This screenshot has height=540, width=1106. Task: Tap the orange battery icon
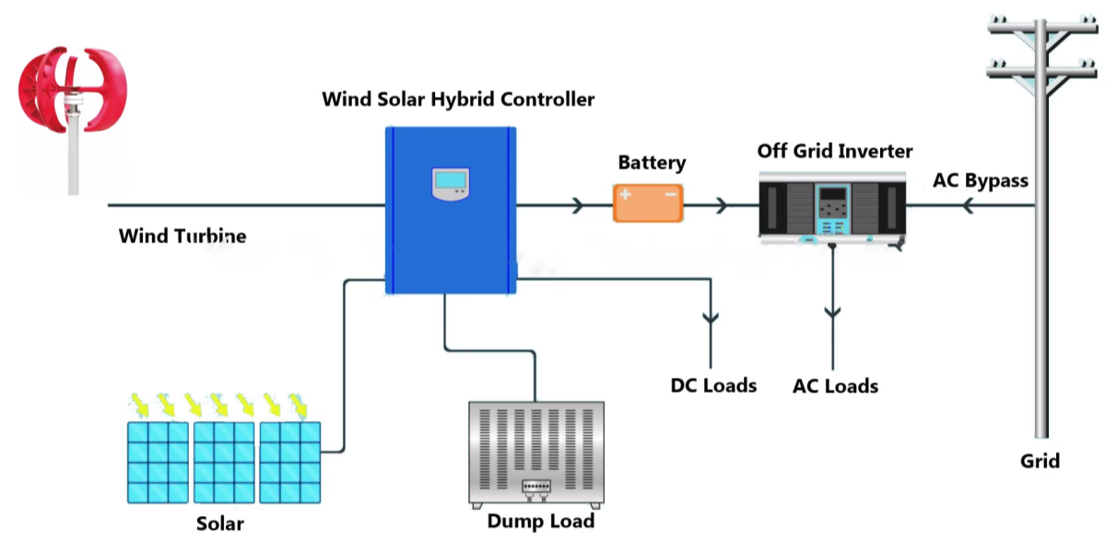click(649, 202)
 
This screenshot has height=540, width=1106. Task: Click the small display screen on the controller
click(450, 184)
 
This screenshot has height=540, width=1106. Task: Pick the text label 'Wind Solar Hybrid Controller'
click(458, 99)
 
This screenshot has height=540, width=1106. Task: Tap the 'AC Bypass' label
click(980, 180)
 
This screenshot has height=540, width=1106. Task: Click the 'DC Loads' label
click(713, 385)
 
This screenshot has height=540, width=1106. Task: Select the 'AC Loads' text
click(835, 386)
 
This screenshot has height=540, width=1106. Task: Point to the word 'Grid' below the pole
click(1040, 461)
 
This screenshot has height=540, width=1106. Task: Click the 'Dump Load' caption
click(541, 522)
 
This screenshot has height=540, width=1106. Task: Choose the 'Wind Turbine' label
click(182, 236)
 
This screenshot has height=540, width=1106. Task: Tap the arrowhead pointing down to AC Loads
click(833, 313)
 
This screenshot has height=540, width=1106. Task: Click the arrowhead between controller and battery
click(578, 205)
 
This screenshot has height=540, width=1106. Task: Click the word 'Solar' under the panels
click(220, 523)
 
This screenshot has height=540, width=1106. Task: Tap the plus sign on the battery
click(627, 195)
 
